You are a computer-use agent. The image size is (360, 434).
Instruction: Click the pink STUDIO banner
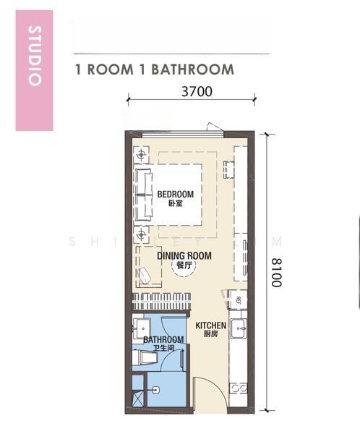coord(34,70)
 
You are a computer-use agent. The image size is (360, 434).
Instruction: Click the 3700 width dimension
coord(197,91)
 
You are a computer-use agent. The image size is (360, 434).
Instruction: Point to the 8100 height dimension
coord(276,273)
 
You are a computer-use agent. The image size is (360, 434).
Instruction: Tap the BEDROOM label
coord(176,195)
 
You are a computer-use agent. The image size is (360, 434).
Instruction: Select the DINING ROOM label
coord(184,256)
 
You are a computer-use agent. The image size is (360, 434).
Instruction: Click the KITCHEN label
coord(210,325)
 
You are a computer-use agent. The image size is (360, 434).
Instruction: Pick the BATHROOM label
coord(163,340)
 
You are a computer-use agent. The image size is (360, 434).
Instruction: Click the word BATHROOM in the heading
coord(192,69)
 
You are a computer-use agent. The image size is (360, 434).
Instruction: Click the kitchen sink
coord(239,328)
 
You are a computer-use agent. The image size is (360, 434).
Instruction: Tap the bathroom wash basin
coord(142,328)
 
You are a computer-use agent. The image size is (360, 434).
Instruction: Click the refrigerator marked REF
coord(237,299)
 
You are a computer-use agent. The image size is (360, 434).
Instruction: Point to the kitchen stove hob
coord(239,388)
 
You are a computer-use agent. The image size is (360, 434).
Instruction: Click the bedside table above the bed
coord(142,155)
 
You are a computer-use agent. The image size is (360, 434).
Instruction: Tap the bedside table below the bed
coord(142,234)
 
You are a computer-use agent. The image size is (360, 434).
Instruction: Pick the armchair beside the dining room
coord(144,276)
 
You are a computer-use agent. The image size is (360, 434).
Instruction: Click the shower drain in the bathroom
coord(156,390)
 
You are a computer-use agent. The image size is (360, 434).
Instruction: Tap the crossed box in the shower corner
coord(138,399)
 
